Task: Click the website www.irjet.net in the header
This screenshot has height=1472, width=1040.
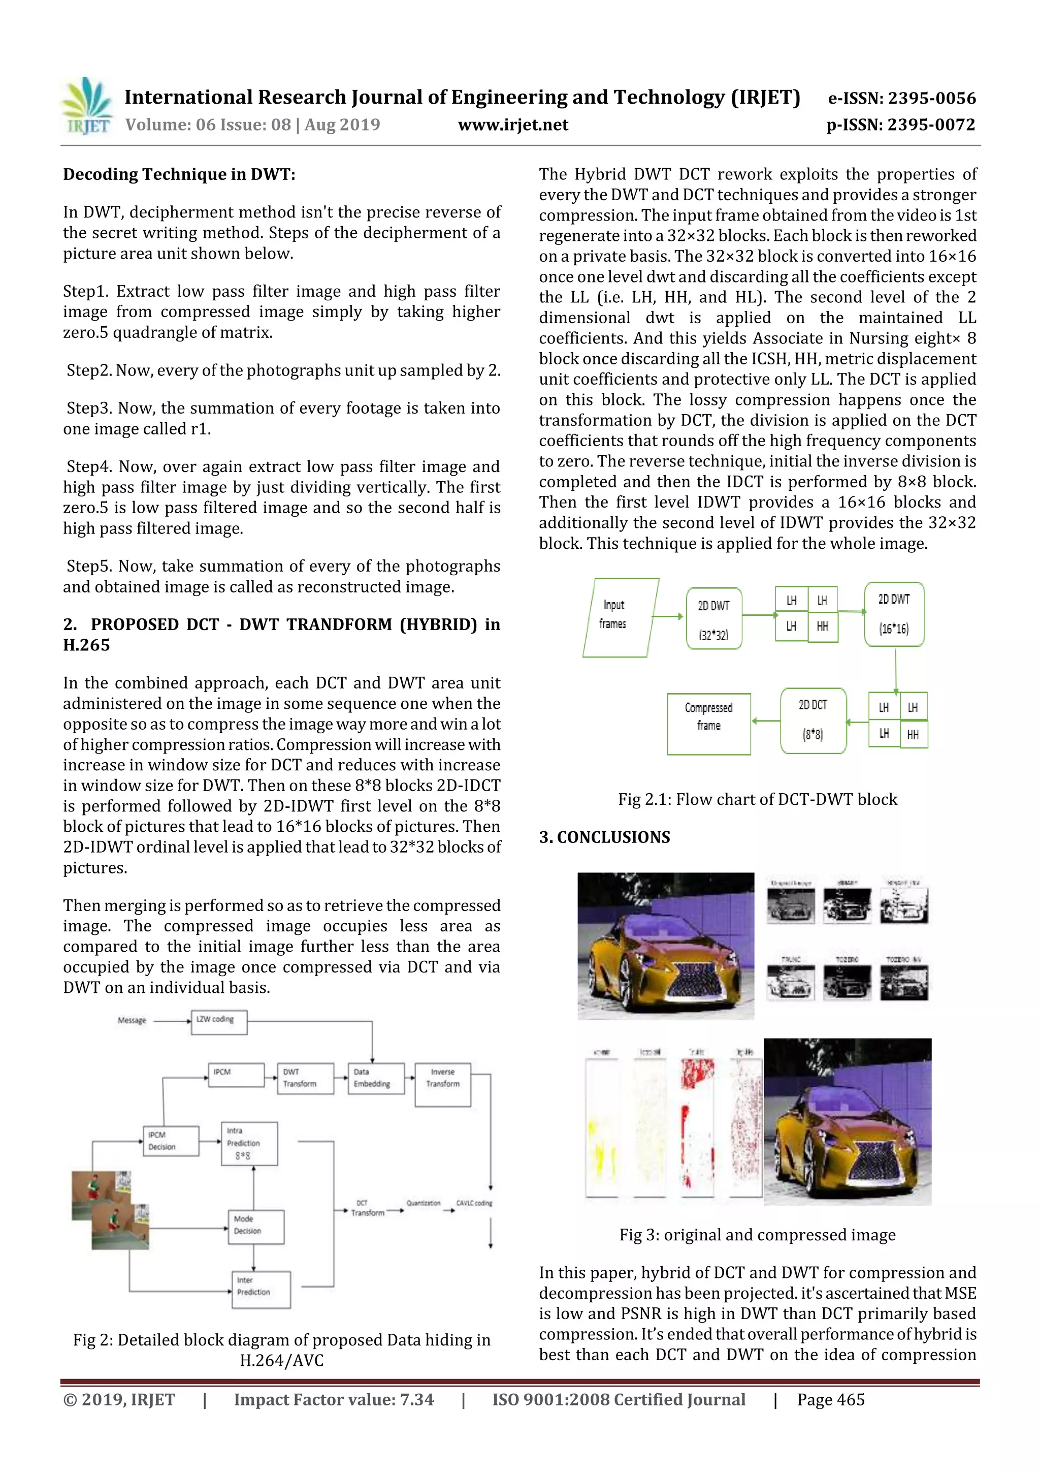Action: (512, 125)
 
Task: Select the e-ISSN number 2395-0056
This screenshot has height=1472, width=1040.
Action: (901, 98)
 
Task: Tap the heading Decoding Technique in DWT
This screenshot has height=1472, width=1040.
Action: (179, 174)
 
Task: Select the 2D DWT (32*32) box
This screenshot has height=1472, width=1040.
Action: (713, 618)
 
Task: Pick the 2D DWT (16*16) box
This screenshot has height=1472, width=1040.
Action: (893, 614)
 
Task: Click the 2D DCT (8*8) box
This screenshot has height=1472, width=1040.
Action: (812, 720)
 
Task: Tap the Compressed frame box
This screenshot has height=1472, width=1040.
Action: (708, 723)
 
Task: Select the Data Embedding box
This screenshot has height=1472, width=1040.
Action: (375, 1078)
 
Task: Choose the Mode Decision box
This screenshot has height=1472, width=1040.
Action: (255, 1227)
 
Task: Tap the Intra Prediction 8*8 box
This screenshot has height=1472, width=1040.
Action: (249, 1143)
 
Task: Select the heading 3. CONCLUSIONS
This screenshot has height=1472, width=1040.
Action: (604, 837)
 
